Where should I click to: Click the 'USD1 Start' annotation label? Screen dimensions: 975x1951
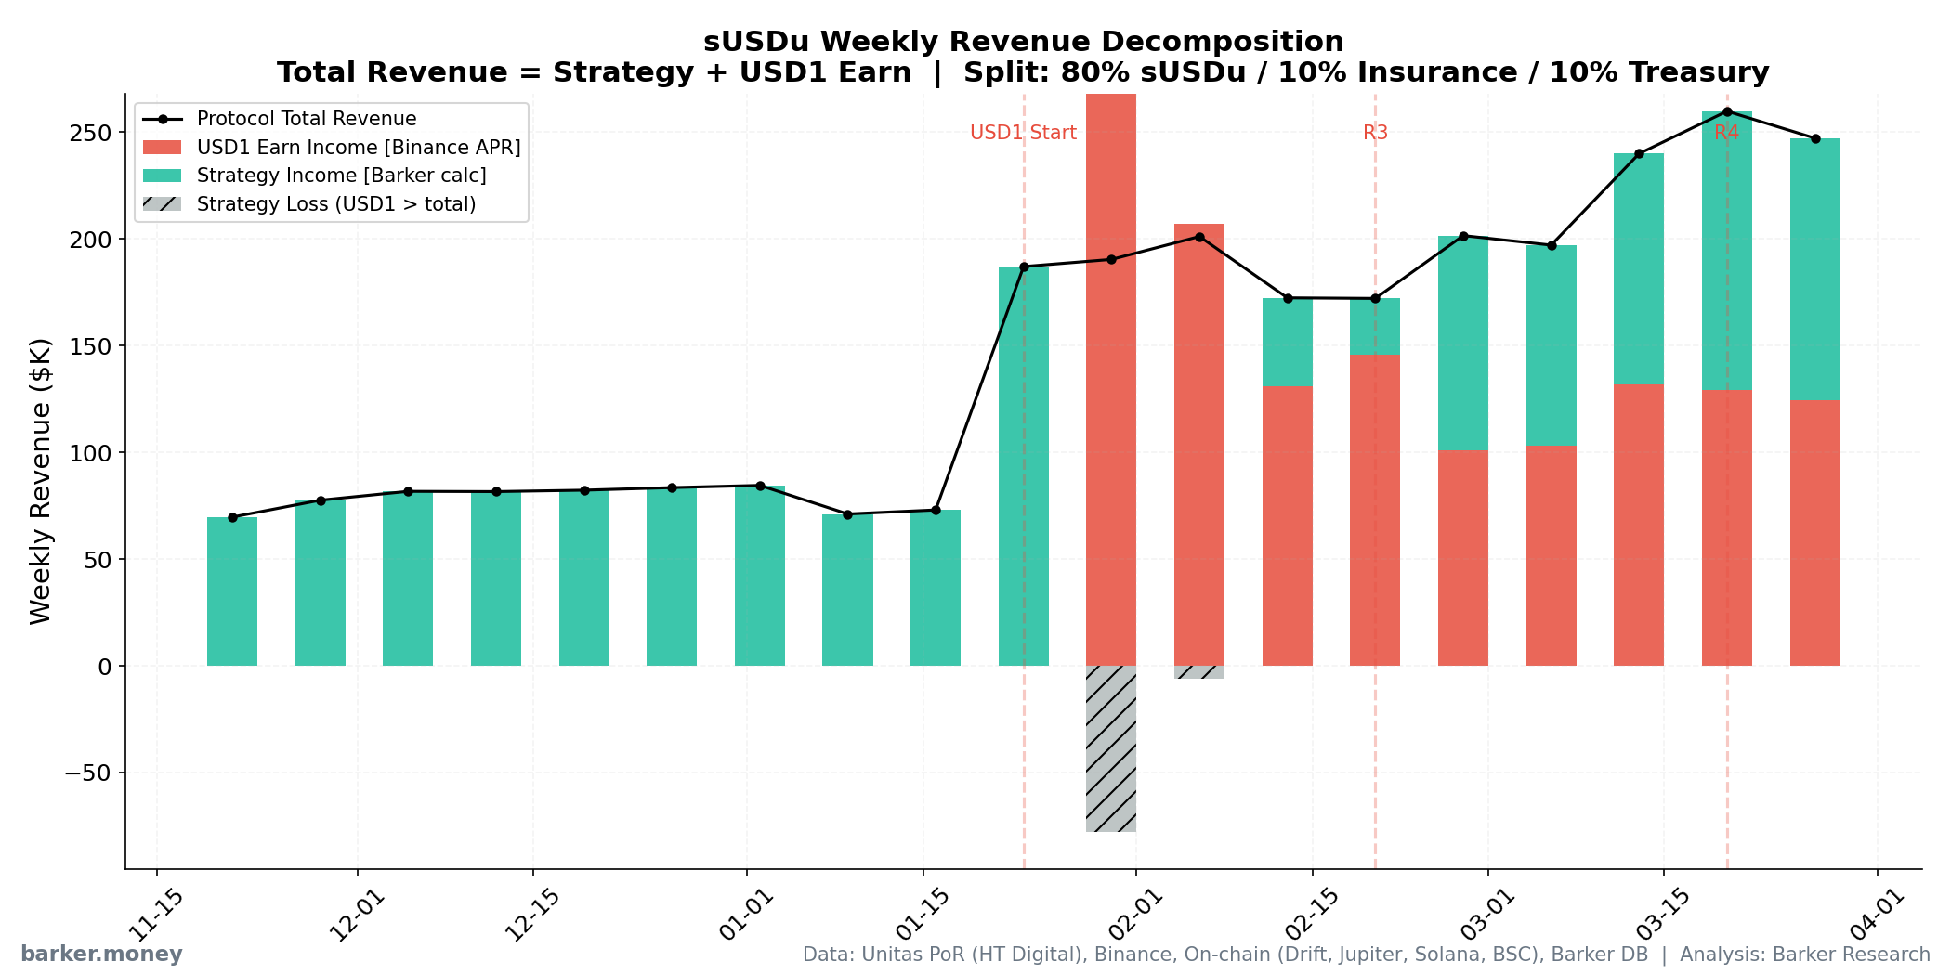click(1023, 133)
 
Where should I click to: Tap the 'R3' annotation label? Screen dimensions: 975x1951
click(1375, 133)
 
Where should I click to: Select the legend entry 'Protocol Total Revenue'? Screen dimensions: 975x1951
click(307, 119)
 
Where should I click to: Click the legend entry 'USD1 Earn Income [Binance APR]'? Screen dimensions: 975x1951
click(358, 148)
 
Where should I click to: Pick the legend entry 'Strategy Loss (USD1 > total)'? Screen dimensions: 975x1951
click(335, 204)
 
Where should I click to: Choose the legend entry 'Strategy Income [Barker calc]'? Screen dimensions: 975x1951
click(341, 175)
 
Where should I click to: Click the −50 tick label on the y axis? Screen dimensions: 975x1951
click(88, 773)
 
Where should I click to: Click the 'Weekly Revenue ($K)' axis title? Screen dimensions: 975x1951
click(41, 480)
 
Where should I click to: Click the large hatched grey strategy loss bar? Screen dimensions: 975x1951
click(1111, 748)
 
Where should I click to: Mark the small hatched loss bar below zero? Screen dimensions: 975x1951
click(1199, 672)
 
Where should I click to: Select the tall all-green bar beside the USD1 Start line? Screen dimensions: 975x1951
click(1024, 464)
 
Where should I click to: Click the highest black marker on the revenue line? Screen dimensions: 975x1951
click(1727, 111)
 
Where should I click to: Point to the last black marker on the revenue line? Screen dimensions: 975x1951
click(1815, 138)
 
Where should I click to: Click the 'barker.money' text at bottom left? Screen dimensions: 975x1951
click(101, 955)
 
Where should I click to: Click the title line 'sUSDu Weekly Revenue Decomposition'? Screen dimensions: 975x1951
click(1023, 42)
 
